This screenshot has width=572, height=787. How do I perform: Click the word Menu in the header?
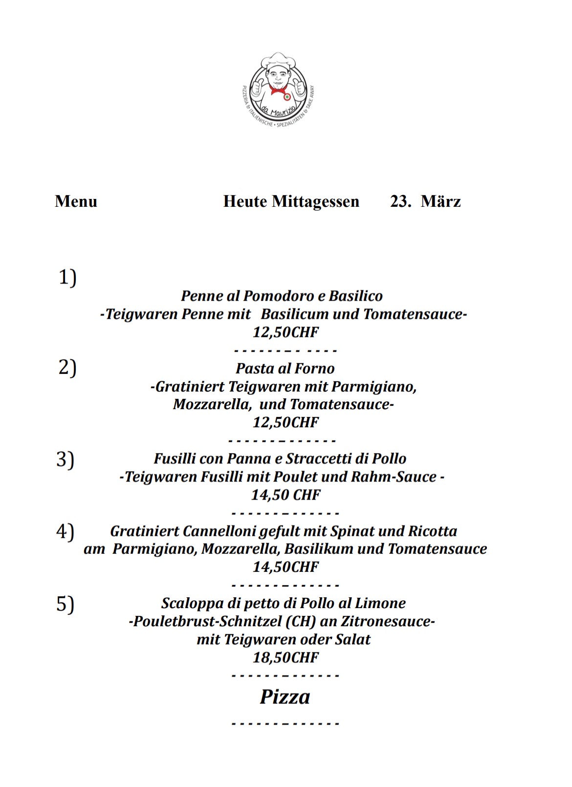(76, 201)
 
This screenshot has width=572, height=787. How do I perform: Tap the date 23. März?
(425, 201)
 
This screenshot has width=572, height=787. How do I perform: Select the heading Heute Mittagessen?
(291, 201)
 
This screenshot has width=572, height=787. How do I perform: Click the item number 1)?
(67, 278)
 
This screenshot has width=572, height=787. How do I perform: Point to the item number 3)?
(65, 459)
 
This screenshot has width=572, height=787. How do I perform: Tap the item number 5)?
(65, 604)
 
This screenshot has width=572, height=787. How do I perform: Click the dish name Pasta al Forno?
(285, 369)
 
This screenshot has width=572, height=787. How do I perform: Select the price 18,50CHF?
(286, 657)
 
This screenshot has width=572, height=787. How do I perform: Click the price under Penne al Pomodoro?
(286, 332)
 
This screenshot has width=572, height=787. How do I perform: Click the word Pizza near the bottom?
(285, 697)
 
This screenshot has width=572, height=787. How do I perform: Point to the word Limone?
(383, 603)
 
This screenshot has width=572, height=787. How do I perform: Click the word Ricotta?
(433, 531)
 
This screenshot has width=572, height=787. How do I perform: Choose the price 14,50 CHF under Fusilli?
(286, 495)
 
